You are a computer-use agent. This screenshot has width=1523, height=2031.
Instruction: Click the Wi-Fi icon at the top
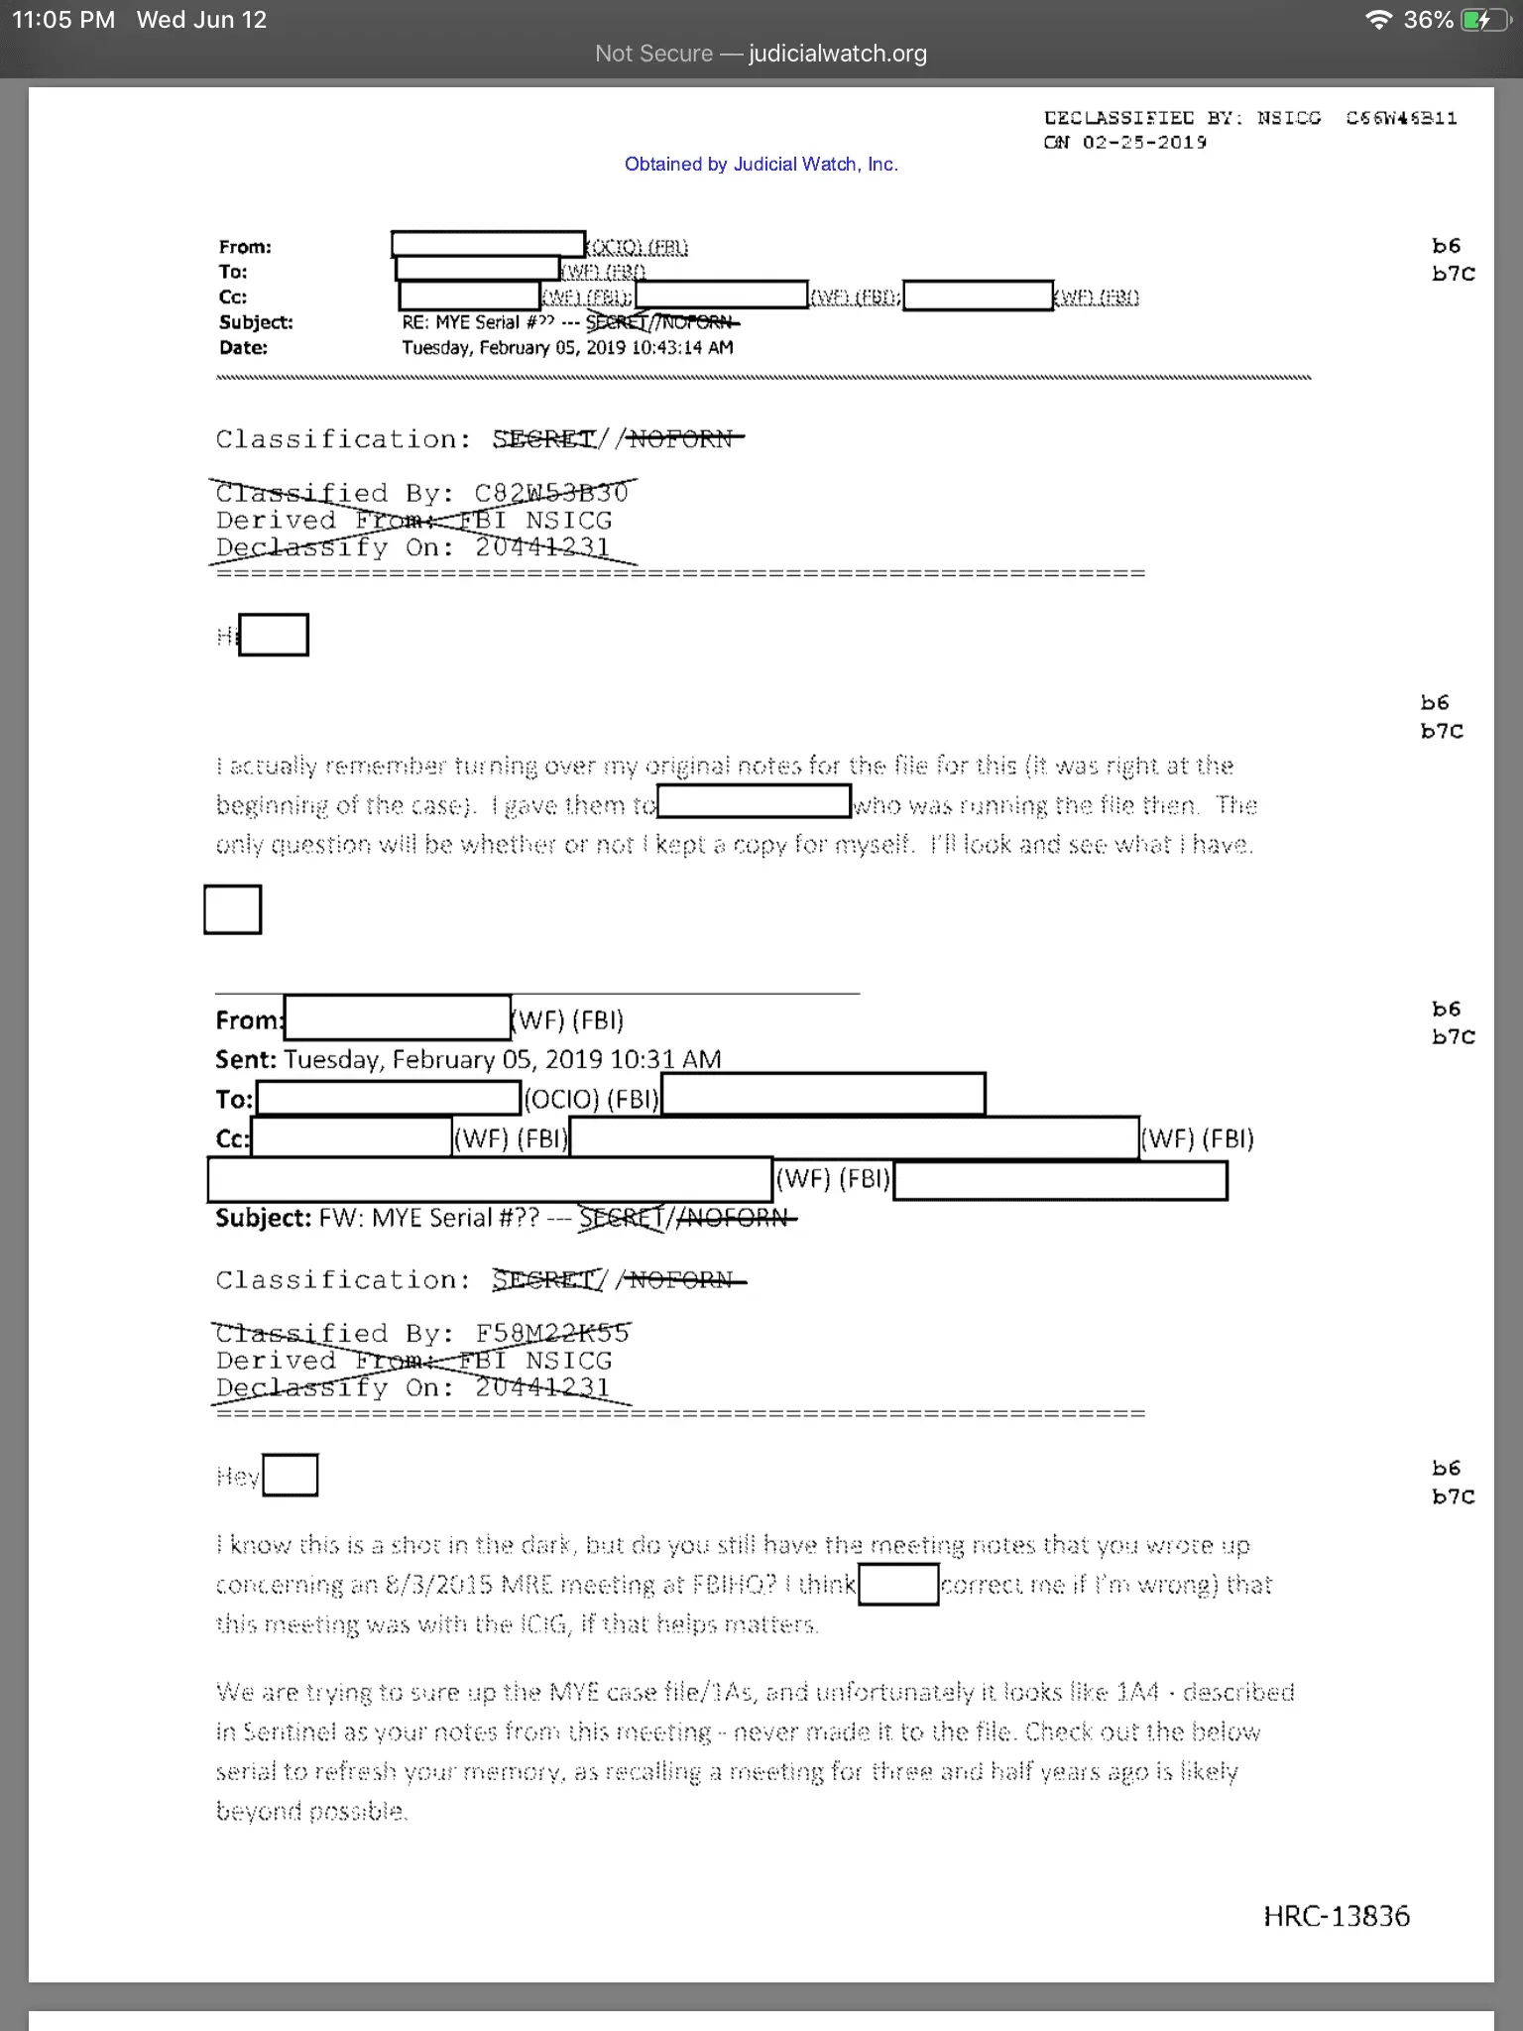click(x=1377, y=20)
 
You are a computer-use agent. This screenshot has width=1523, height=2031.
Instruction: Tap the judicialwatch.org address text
click(x=837, y=54)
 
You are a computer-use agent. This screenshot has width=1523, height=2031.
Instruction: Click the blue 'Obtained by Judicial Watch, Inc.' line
click(x=761, y=165)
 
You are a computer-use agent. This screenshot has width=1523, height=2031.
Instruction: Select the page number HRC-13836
click(x=1336, y=1916)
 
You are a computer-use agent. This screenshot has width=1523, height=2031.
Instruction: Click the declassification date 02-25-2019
click(x=1144, y=143)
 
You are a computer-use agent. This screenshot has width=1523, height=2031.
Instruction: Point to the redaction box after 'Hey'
click(x=291, y=1475)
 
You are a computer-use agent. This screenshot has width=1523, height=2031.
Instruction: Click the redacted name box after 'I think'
click(x=898, y=1584)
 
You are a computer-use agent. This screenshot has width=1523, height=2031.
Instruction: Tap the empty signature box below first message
click(x=232, y=909)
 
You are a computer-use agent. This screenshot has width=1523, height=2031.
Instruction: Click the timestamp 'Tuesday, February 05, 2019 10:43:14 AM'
click(x=567, y=348)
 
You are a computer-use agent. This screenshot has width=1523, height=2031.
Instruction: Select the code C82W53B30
click(x=551, y=493)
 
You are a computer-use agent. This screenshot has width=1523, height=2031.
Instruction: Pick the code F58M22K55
click(x=551, y=1334)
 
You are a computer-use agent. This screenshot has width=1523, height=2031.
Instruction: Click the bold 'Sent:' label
click(x=246, y=1060)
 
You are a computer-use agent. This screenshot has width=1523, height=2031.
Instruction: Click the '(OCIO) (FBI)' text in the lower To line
click(x=591, y=1099)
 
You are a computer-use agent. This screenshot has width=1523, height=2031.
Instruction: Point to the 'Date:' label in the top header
click(x=243, y=348)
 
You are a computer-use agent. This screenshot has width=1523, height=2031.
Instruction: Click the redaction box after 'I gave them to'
click(x=754, y=801)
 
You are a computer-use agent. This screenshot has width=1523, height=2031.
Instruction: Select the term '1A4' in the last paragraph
click(x=1137, y=1692)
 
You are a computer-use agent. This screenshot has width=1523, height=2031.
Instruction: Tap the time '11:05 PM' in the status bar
click(x=63, y=20)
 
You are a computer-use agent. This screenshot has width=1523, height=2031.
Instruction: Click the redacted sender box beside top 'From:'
click(x=488, y=244)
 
